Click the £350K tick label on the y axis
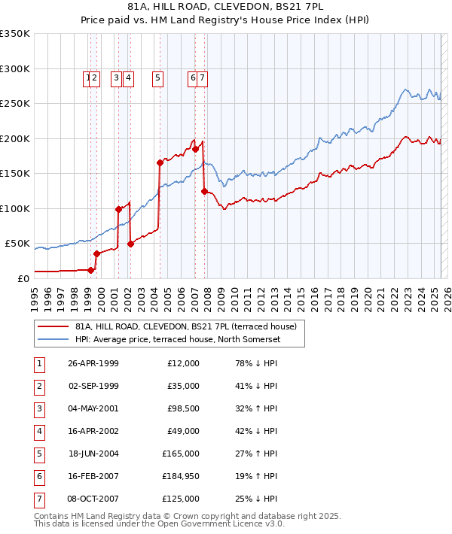click(15, 34)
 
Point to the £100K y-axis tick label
click(15, 208)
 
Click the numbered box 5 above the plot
click(158, 77)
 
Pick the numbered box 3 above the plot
click(117, 77)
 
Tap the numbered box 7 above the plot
click(203, 77)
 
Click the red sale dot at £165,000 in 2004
click(160, 162)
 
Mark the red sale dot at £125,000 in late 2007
click(204, 191)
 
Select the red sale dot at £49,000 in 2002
click(130, 244)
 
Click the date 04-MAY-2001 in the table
click(93, 408)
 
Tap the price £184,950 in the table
click(181, 476)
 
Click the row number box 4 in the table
click(38, 431)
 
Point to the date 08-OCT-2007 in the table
click(93, 499)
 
